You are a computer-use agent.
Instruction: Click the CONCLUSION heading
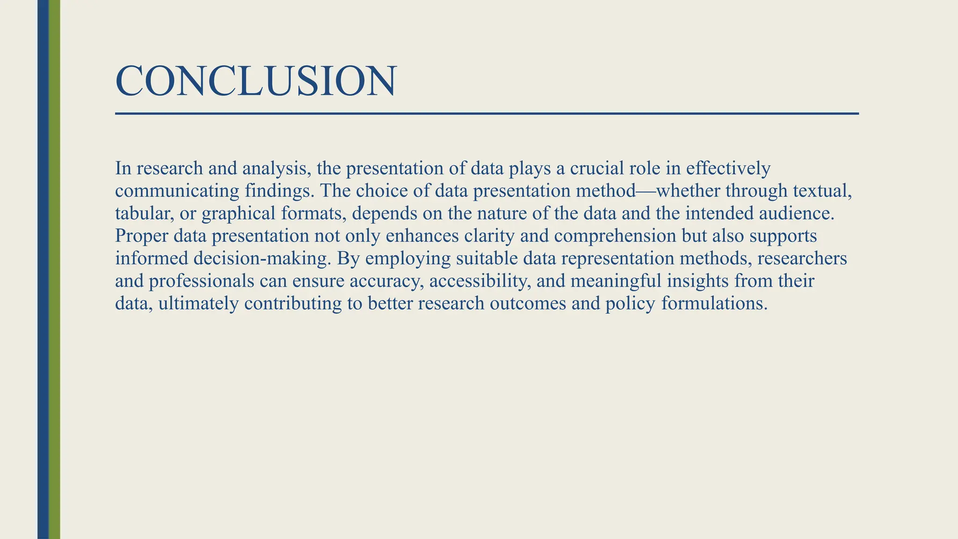(256, 81)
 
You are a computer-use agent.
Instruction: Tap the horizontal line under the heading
(486, 114)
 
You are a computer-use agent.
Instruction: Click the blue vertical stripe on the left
(43, 269)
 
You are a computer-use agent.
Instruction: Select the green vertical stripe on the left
(55, 269)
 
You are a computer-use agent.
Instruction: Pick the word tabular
(145, 213)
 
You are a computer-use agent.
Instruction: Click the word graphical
(239, 214)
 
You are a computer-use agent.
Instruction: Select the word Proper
(141, 236)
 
